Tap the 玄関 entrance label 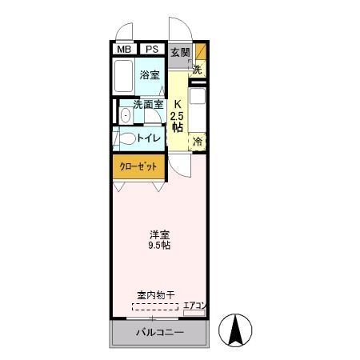point(180,53)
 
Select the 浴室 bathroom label point(150,75)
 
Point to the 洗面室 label point(148,104)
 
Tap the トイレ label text point(150,138)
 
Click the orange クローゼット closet point(138,166)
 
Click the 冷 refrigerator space point(198,142)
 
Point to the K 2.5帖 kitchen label point(178,116)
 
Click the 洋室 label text point(158,234)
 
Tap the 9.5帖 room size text point(158,246)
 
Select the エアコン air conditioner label point(195,305)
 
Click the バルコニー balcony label point(159,332)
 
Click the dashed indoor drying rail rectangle point(156,306)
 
